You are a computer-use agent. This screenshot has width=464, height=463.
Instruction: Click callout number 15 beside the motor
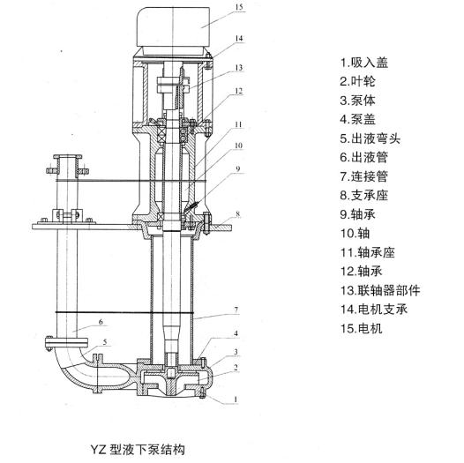pos(239,7)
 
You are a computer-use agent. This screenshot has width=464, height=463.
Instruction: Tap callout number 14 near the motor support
pos(239,39)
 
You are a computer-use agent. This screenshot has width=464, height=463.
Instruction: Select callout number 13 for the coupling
pos(239,68)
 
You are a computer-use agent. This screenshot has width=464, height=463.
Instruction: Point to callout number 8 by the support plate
pos(237,214)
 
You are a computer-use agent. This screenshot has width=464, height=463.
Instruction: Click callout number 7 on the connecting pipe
pos(236,310)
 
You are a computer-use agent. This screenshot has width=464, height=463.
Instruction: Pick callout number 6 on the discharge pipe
pos(101,322)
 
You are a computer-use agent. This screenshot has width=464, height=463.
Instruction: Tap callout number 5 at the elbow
pos(105,342)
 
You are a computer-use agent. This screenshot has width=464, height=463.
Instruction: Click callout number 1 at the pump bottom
pos(236,400)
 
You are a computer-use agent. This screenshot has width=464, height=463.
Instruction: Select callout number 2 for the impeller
pos(236,368)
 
